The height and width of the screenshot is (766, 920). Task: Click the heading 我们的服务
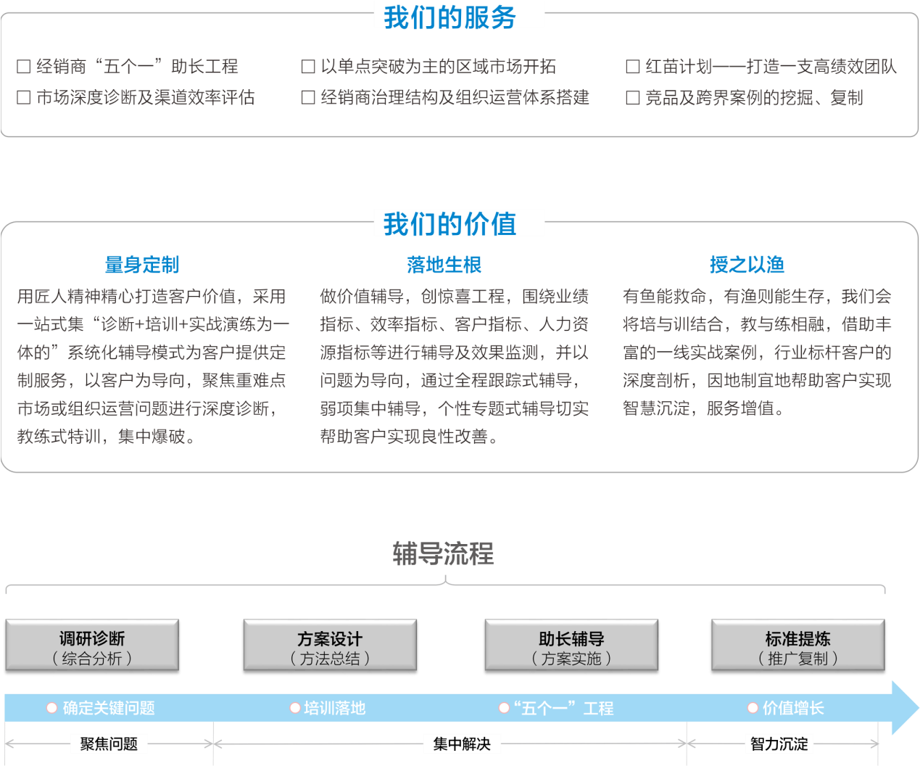(450, 17)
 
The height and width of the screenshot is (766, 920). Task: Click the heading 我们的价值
(450, 224)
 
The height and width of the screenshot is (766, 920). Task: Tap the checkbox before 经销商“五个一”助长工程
(24, 67)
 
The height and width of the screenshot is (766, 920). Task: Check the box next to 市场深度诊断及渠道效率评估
(24, 97)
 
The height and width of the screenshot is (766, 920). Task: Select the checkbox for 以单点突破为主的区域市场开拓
(307, 67)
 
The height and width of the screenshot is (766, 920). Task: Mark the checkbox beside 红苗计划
(632, 67)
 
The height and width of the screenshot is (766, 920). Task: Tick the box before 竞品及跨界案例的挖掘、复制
(632, 97)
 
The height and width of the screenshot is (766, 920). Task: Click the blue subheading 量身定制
(142, 265)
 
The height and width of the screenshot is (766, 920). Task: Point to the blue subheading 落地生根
(444, 265)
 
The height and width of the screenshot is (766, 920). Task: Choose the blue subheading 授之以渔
(747, 265)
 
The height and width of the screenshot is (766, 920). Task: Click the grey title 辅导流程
(444, 553)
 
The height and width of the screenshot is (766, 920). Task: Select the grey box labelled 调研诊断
(92, 645)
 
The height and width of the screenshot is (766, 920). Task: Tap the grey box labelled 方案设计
(330, 645)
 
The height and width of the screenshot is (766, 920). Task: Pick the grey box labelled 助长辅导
(571, 645)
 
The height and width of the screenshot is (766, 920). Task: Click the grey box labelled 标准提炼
(797, 645)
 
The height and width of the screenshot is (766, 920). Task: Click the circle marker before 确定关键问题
(51, 708)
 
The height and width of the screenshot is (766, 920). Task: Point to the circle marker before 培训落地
(294, 708)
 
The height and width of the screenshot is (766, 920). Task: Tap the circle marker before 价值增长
(753, 708)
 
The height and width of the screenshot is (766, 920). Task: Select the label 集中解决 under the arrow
(462, 744)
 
